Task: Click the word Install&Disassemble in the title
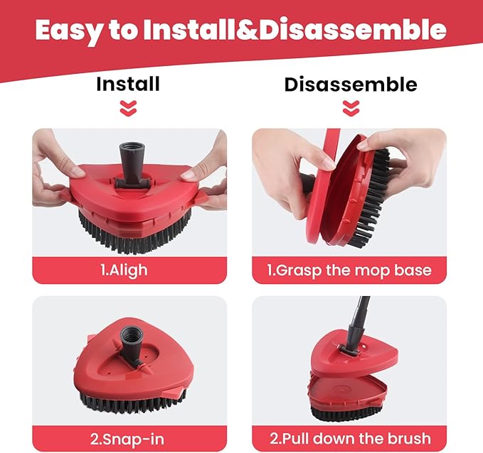click(x=294, y=29)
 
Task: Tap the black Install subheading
click(x=128, y=84)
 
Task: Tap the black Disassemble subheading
click(x=351, y=84)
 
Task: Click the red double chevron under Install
click(x=128, y=108)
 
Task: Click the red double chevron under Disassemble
click(x=351, y=108)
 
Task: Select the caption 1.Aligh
click(x=124, y=271)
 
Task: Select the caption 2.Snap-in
click(x=127, y=440)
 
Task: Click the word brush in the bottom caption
click(x=409, y=438)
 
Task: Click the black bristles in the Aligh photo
click(x=136, y=234)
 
